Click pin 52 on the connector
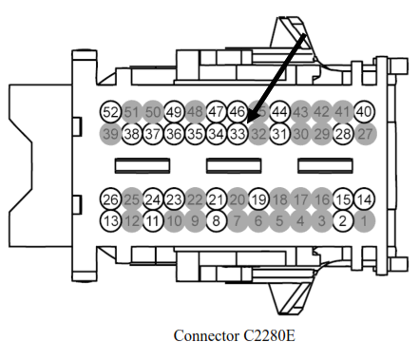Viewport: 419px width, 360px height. [x=110, y=112]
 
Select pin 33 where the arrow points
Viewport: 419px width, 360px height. [x=238, y=133]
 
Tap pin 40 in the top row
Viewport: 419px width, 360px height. [x=364, y=112]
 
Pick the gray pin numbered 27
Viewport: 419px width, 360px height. [x=364, y=133]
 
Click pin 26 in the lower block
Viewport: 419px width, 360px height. [x=110, y=199]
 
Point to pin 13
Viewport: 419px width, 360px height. [x=110, y=220]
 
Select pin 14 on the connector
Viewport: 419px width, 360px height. [x=364, y=199]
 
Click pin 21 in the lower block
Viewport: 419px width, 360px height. [x=216, y=199]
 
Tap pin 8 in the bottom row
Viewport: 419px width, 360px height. [x=216, y=220]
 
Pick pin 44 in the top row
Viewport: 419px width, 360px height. [x=279, y=112]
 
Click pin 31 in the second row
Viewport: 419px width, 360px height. [x=279, y=133]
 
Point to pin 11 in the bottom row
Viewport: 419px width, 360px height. [x=153, y=220]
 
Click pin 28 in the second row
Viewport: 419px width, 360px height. [x=343, y=133]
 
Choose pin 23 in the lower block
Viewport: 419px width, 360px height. [x=174, y=199]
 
